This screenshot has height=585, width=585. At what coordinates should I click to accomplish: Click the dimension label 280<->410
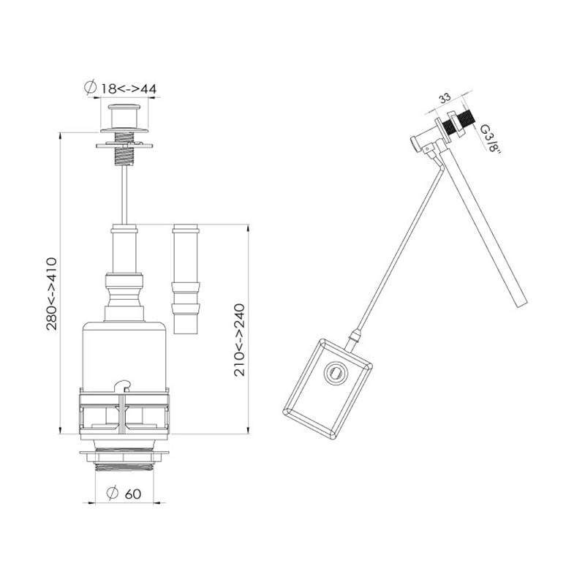pos(51,294)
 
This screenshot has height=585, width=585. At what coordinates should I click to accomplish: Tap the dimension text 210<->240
pos(239,339)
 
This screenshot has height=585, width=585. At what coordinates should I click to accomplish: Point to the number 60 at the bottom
pos(133,494)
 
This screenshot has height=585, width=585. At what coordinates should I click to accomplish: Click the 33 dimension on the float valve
pos(445,98)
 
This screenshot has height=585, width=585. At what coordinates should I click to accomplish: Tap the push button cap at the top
pos(124,116)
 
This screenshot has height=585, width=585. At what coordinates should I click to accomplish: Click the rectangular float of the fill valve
pos(327,388)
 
